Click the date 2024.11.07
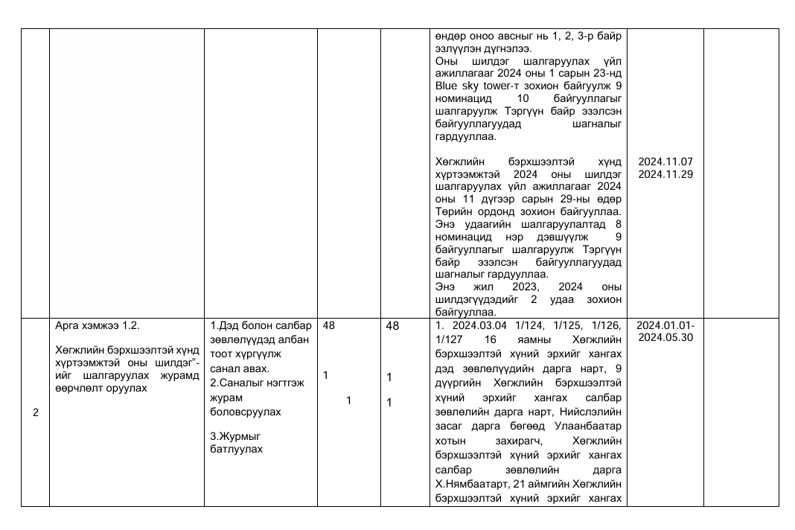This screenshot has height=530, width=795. pyautogui.click(x=665, y=162)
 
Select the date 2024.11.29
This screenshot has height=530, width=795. pyautogui.click(x=665, y=174)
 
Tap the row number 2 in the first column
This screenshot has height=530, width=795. pyautogui.click(x=36, y=413)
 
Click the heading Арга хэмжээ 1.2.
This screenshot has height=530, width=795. pyautogui.click(x=98, y=326)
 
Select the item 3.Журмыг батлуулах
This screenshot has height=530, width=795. pyautogui.click(x=232, y=442)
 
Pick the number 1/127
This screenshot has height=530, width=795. pyautogui.click(x=447, y=339)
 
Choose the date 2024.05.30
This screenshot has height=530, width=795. pyautogui.click(x=665, y=337)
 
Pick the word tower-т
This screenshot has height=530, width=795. pyautogui.click(x=505, y=86)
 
